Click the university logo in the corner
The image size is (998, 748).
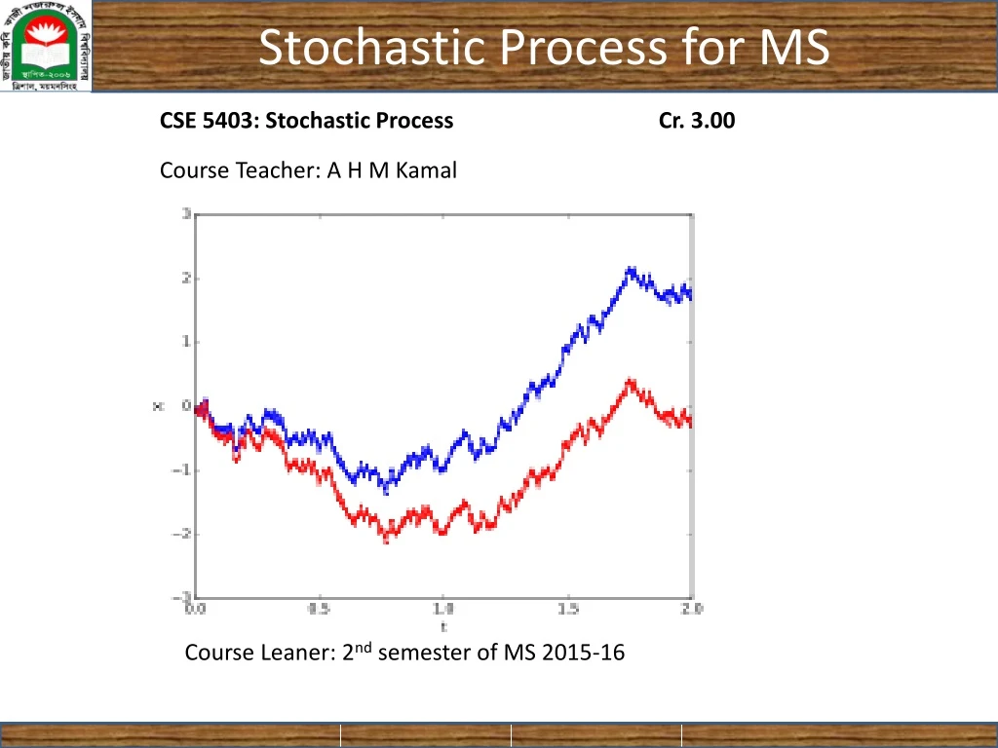(x=47, y=47)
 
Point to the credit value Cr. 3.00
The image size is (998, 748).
(x=697, y=121)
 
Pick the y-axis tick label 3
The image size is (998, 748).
(x=185, y=214)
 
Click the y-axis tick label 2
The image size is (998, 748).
(x=185, y=279)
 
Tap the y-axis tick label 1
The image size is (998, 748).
(x=185, y=342)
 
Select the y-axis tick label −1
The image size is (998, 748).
(x=182, y=470)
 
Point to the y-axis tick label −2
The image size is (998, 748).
(x=182, y=534)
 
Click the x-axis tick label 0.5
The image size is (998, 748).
(x=319, y=611)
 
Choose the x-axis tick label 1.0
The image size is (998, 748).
(x=443, y=611)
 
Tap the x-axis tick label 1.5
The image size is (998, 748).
(x=568, y=611)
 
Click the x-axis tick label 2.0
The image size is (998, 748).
(x=692, y=611)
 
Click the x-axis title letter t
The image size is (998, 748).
(x=443, y=626)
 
